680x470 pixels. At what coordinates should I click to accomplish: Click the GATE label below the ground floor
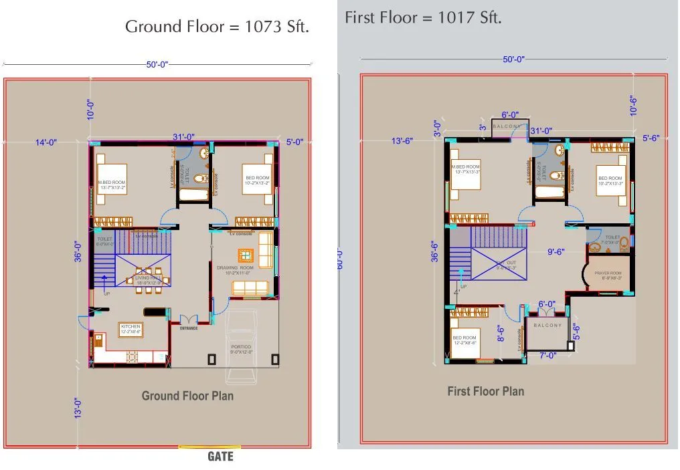[220, 457]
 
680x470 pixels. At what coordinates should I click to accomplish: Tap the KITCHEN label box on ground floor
[131, 328]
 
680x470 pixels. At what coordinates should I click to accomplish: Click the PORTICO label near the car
[241, 348]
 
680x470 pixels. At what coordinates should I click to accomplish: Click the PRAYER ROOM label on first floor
[608, 275]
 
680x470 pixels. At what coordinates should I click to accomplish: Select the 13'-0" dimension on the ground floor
[78, 408]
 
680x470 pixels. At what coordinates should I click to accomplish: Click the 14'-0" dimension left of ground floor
[46, 142]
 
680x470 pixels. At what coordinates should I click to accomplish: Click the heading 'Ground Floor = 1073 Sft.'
[217, 27]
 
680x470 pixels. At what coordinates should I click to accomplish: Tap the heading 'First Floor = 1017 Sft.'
[423, 17]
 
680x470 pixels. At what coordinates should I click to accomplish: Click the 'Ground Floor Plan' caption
[187, 396]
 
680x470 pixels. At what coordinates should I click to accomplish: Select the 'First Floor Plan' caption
[485, 391]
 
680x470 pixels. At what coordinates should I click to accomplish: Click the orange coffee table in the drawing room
[246, 255]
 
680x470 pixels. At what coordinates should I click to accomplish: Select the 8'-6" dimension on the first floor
[499, 333]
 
